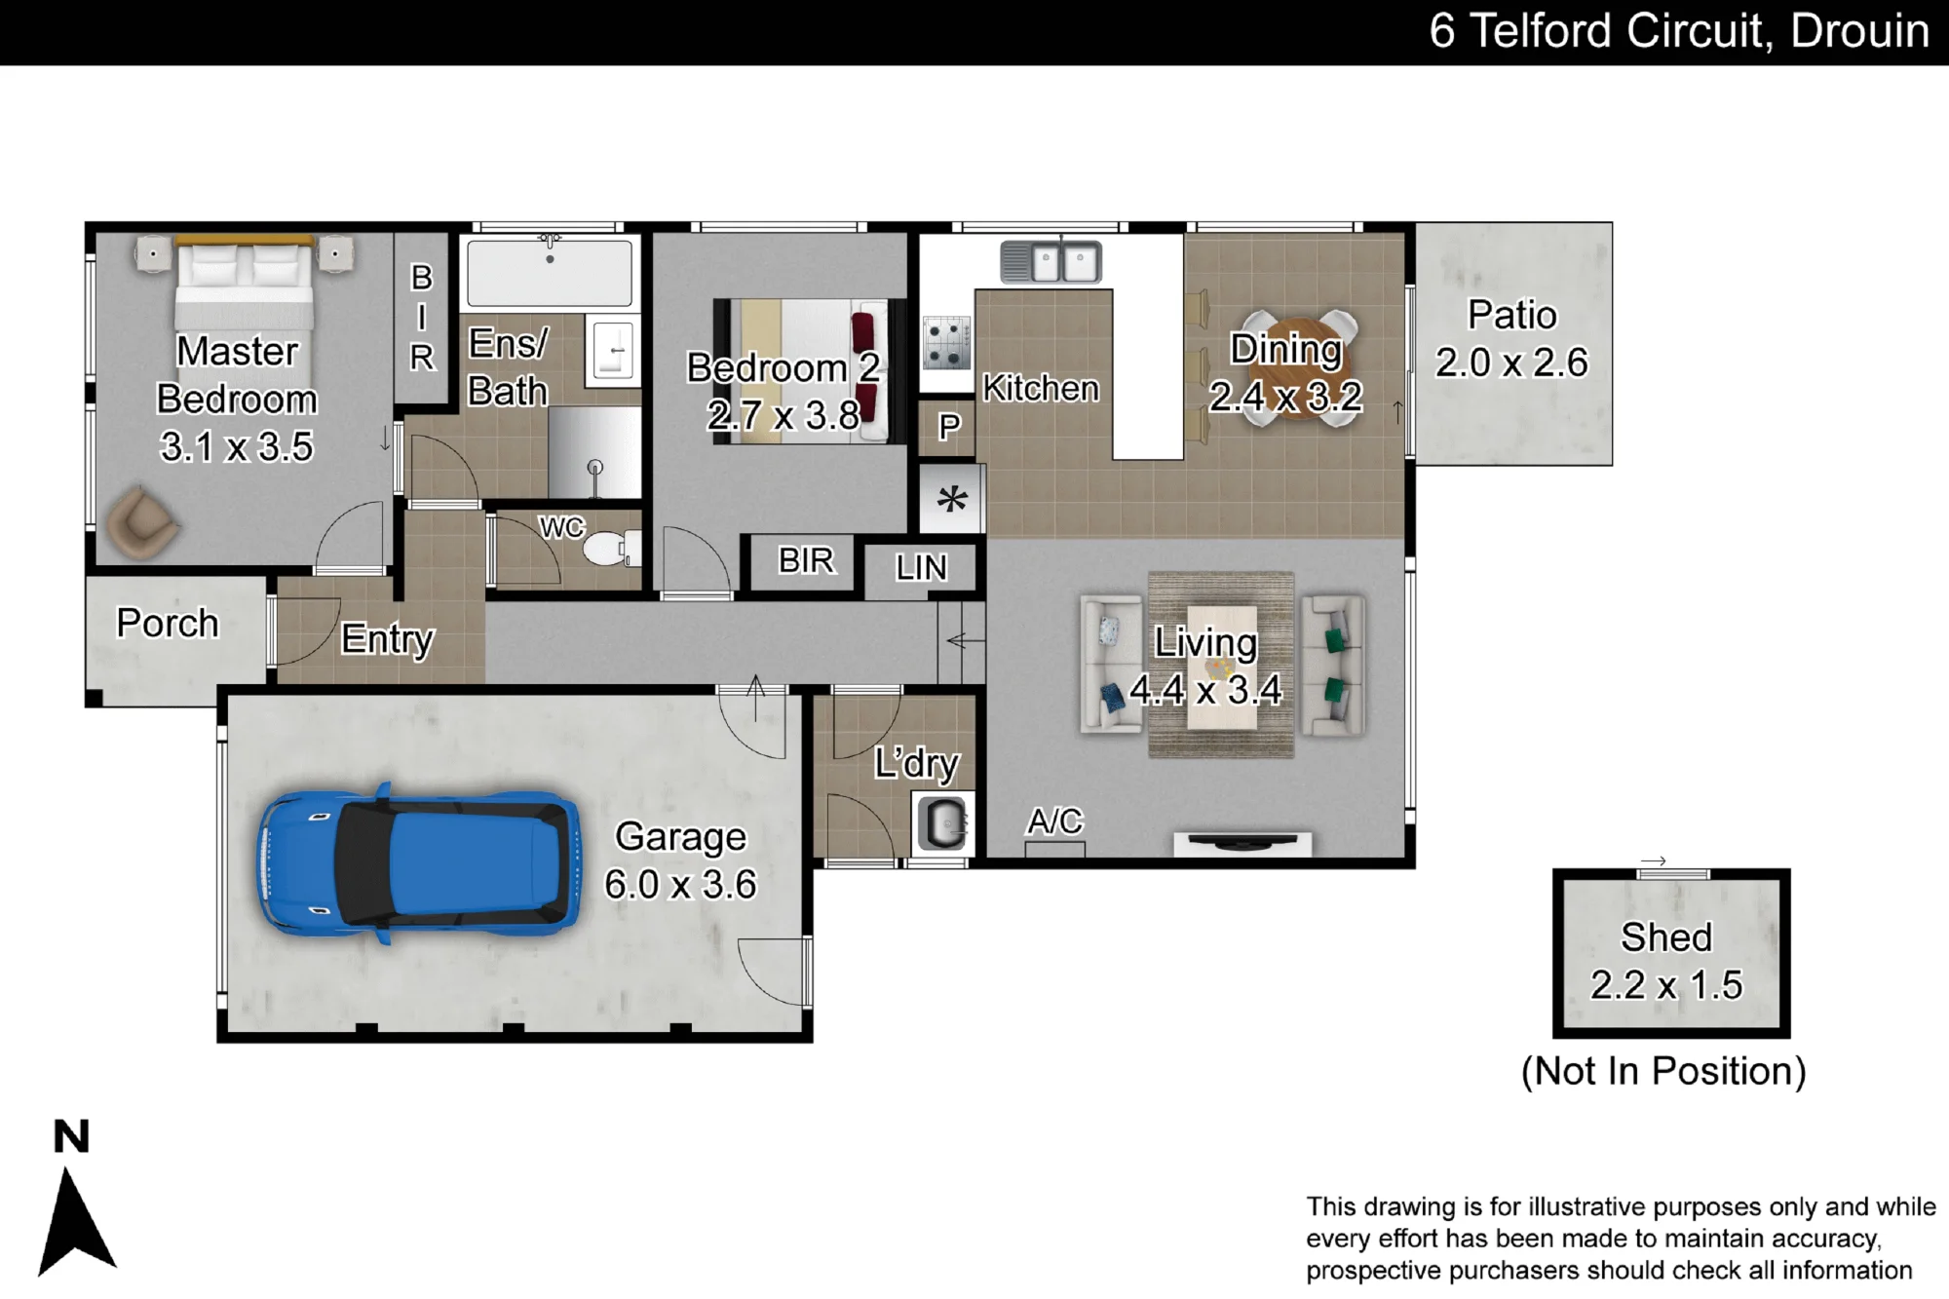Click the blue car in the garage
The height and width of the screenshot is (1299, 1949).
pos(419,863)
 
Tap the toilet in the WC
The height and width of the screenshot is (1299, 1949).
pos(611,548)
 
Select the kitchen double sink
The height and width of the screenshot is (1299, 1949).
pos(1051,262)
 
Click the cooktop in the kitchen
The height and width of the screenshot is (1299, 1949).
pos(946,343)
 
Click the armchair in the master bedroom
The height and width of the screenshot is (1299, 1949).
pos(142,523)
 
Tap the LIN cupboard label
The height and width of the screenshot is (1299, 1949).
pos(921,567)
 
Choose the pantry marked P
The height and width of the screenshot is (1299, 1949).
pos(948,428)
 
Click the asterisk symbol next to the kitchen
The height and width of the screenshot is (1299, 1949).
pos(952,500)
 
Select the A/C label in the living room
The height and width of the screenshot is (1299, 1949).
pos(1054,821)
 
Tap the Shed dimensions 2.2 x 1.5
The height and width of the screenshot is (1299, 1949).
pos(1666,985)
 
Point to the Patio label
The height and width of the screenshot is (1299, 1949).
pos(1512,315)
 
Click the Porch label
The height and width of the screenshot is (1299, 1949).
pos(168,623)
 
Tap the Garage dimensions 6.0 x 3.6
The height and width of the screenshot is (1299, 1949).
pos(680,885)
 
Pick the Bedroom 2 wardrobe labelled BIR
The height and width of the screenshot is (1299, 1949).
pos(806,561)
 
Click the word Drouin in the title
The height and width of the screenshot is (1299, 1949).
pos(1860,31)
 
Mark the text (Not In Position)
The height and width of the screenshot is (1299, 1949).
pos(1663,1071)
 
